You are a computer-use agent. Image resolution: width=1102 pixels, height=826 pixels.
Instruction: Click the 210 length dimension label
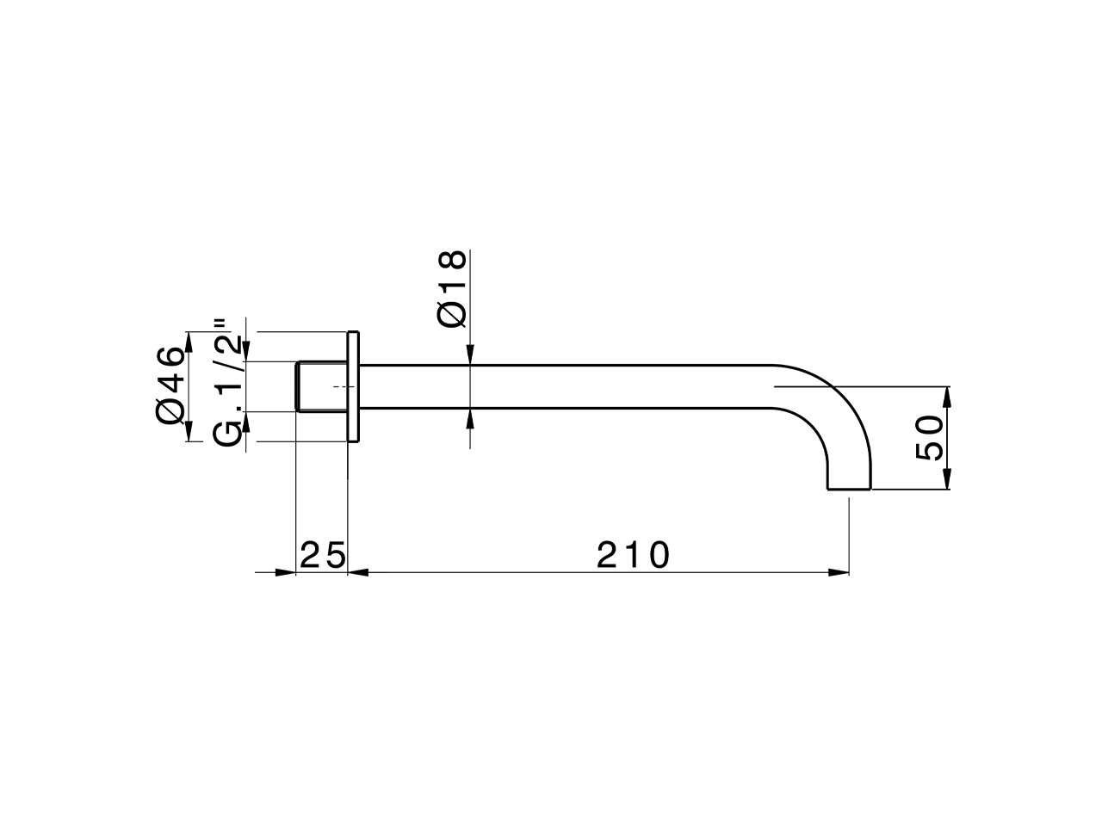633,555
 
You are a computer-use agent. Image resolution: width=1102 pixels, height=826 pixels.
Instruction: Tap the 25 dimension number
322,555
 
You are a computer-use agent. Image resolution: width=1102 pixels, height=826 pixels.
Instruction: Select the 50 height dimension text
929,438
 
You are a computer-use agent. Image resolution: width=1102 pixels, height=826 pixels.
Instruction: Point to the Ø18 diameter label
452,289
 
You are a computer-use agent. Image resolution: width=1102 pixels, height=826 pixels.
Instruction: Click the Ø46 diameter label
171,385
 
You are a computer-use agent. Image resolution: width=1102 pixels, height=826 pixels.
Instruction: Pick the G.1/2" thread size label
227,383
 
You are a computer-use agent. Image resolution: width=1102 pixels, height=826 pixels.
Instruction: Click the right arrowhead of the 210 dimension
839,571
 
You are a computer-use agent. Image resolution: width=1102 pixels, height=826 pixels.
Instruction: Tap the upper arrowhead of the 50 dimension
947,397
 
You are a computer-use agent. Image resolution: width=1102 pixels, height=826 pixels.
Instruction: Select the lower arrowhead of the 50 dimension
947,479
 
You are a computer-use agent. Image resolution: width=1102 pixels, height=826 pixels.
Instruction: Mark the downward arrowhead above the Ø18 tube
470,354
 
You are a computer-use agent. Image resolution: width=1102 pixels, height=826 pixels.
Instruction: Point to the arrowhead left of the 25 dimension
285,571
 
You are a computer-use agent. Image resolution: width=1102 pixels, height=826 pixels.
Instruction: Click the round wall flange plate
352,386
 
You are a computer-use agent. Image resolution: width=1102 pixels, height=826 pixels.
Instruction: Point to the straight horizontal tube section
560,386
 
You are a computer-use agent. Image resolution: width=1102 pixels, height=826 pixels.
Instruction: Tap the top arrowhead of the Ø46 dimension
188,341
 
